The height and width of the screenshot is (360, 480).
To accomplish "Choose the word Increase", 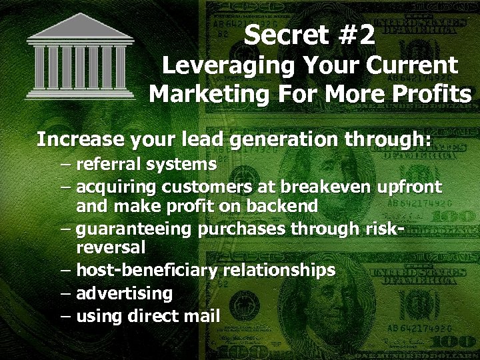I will click(73, 140).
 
